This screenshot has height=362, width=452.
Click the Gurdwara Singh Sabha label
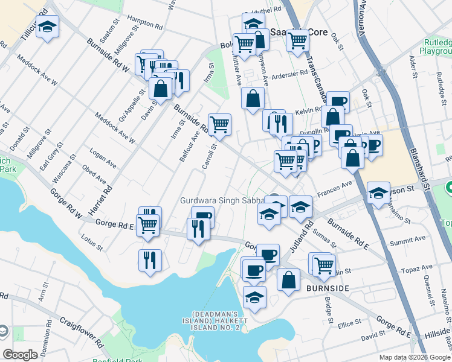[223, 200]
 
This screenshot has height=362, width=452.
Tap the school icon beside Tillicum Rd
[47, 27]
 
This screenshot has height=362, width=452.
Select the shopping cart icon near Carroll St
[220, 124]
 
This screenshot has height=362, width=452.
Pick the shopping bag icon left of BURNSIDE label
[289, 279]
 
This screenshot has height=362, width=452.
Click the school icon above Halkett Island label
[255, 297]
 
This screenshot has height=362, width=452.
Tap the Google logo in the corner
[21, 354]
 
